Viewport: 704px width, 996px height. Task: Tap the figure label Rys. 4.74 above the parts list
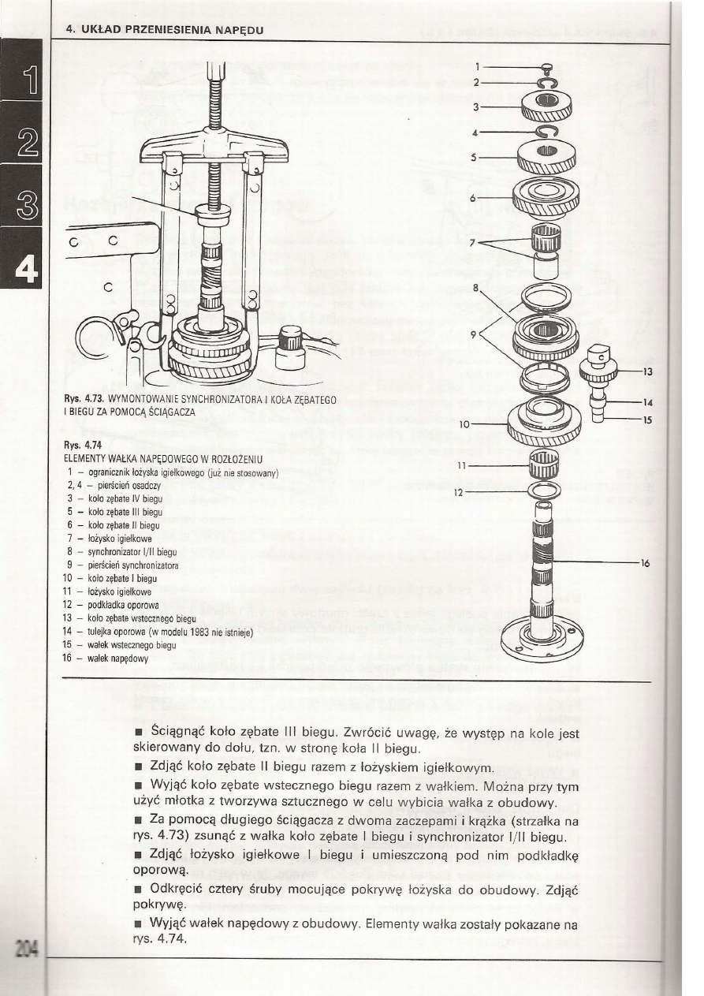click(80, 445)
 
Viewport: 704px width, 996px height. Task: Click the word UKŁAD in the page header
click(98, 30)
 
